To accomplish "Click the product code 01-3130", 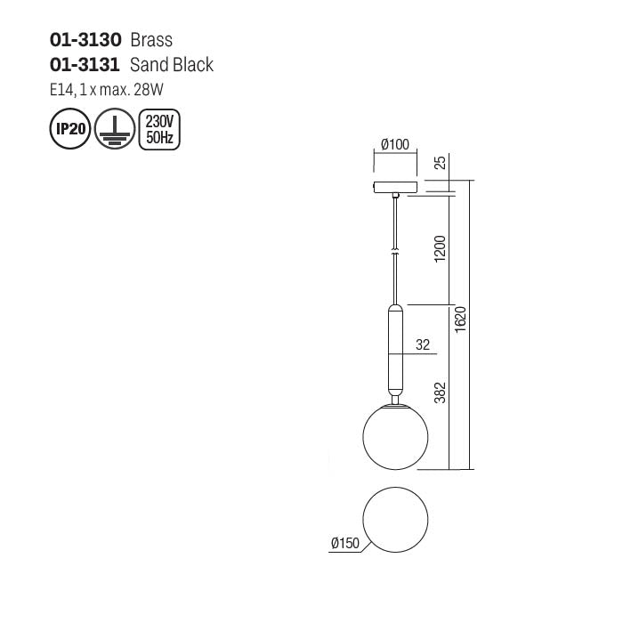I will [x=85, y=40].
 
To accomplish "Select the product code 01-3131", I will [x=85, y=65].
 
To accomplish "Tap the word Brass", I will [x=151, y=40].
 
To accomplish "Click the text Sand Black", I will [x=172, y=65].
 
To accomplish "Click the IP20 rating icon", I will [x=70, y=130].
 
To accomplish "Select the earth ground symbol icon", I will [x=115, y=130].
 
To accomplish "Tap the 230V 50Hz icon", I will [x=159, y=130].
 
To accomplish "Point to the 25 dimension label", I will [x=439, y=164].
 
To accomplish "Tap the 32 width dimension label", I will [x=423, y=345].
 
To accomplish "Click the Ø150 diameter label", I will [x=344, y=542].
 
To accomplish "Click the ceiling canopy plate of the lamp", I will [x=396, y=188].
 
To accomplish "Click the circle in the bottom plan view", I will [x=396, y=521].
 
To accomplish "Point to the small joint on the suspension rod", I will [x=396, y=253].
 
